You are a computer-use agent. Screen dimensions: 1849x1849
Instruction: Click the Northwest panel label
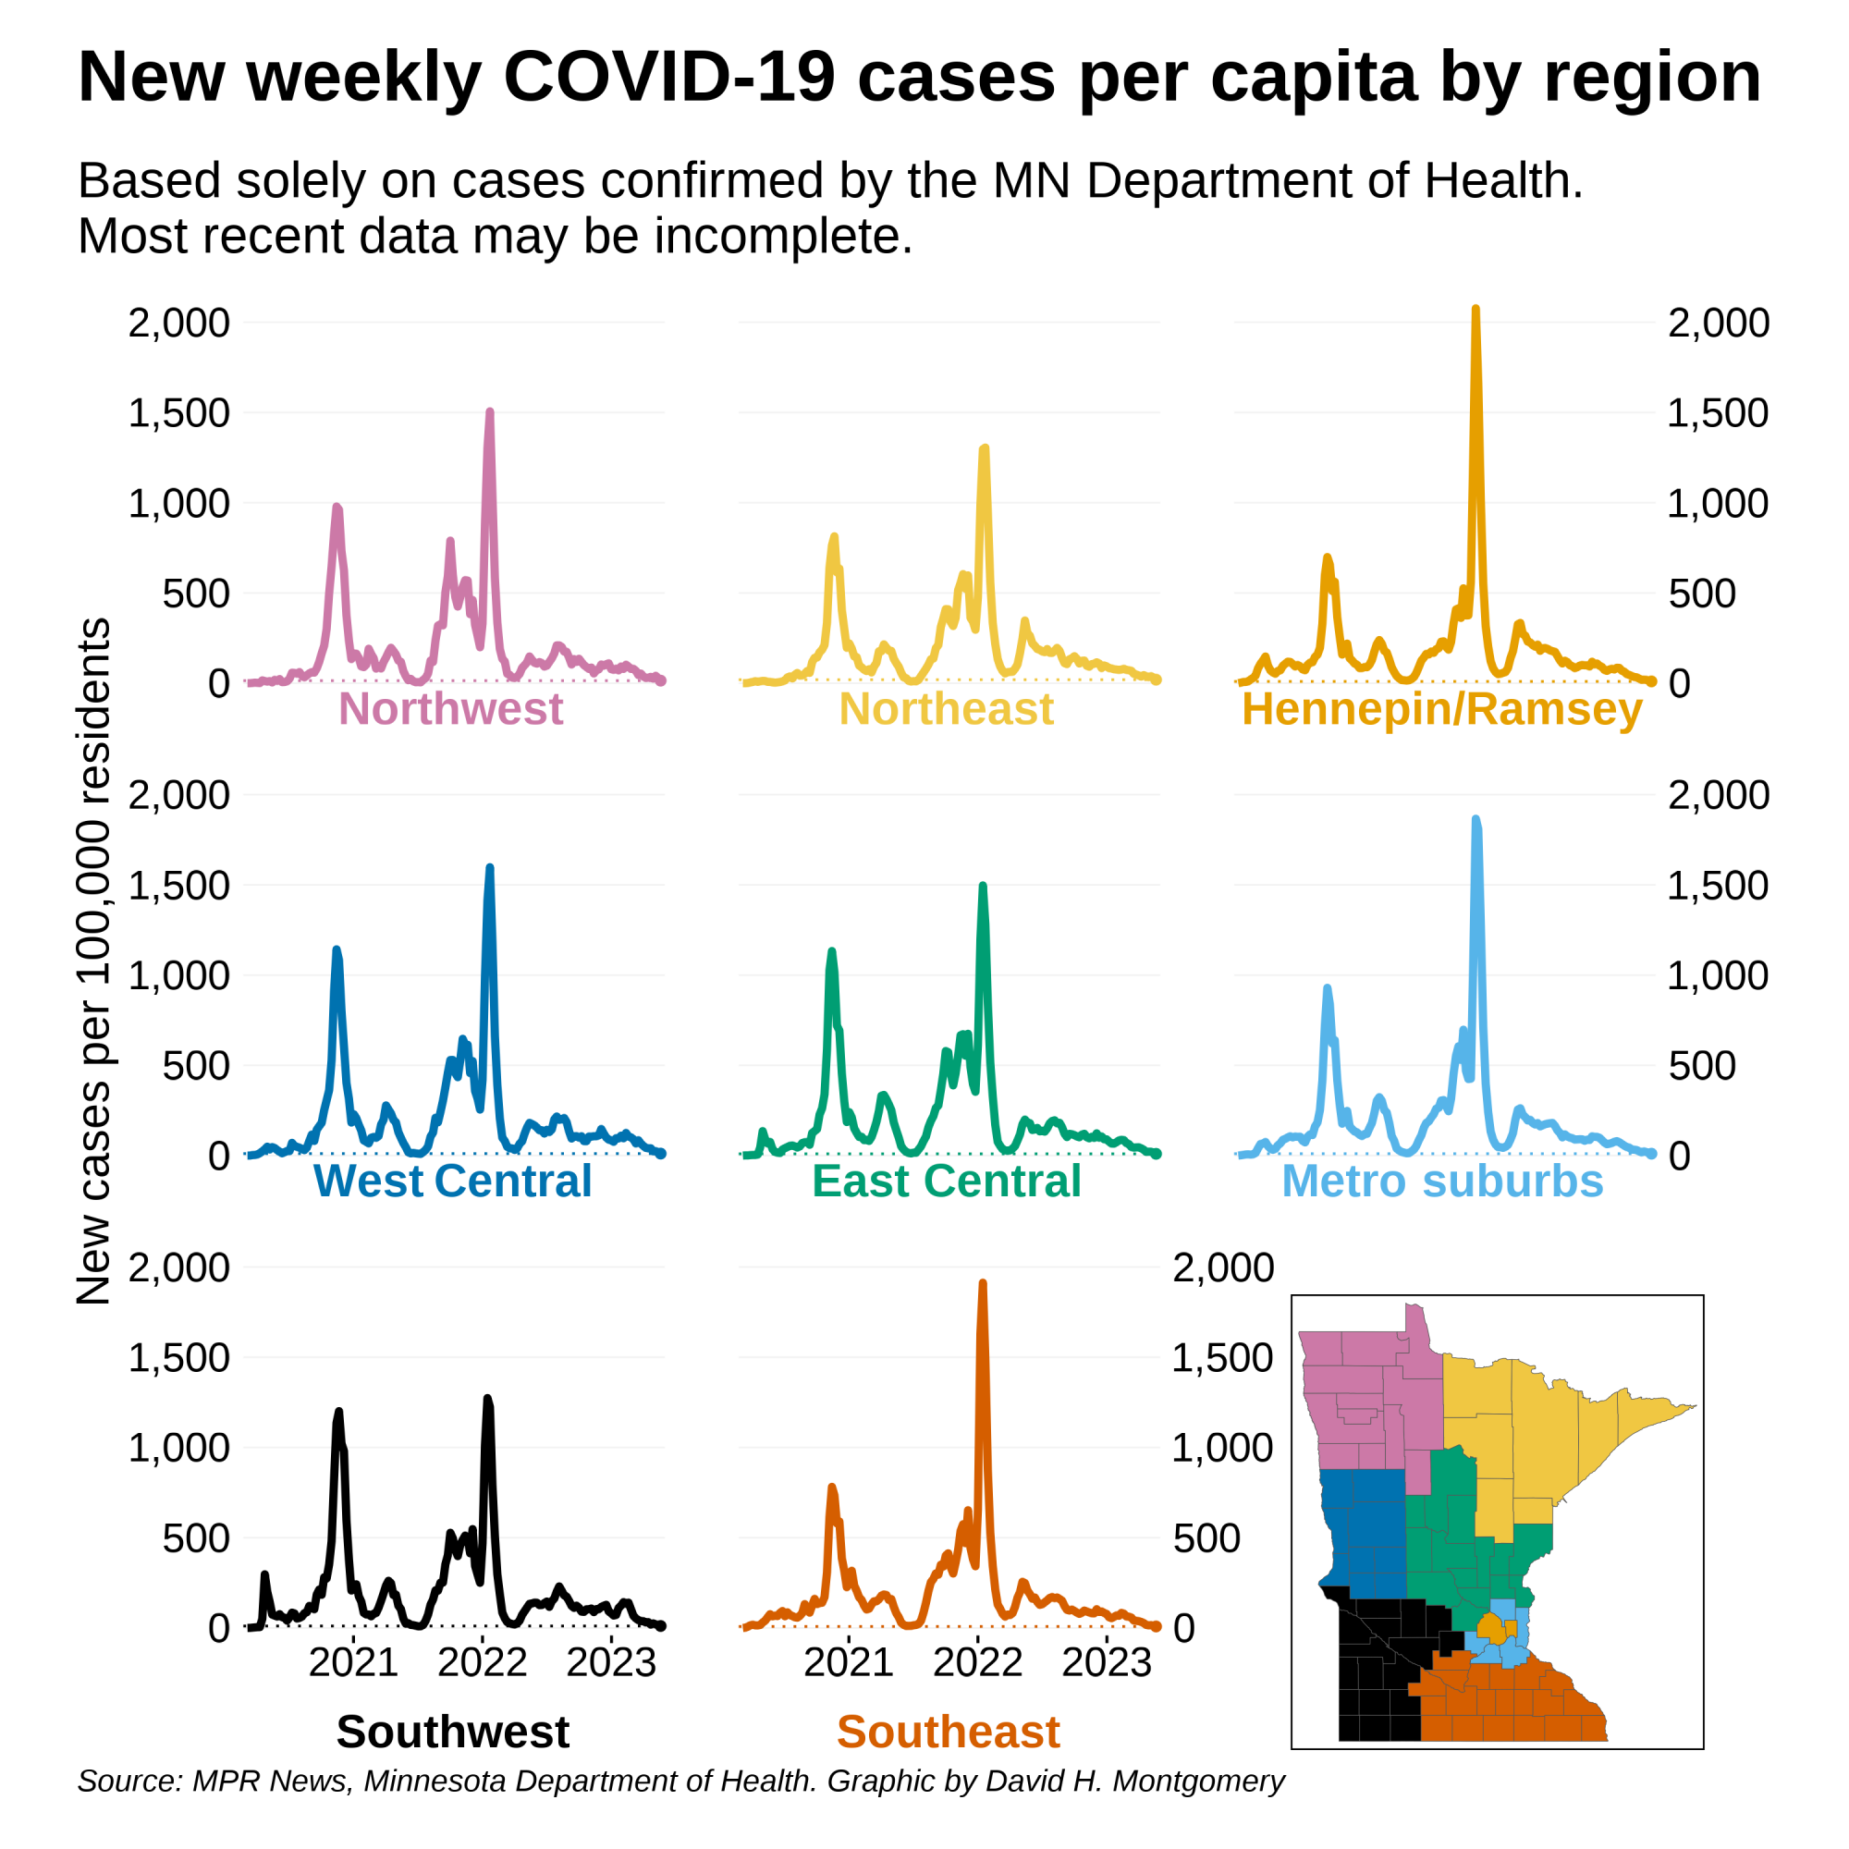pyautogui.click(x=450, y=709)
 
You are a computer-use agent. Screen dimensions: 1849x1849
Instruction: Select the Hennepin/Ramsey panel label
pyautogui.click(x=1441, y=709)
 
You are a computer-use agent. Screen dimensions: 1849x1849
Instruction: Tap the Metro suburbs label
pyautogui.click(x=1441, y=1181)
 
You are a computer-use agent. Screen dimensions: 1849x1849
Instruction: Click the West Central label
pyautogui.click(x=452, y=1181)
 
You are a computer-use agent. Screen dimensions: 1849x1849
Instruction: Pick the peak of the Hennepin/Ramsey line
pyautogui.click(x=1475, y=310)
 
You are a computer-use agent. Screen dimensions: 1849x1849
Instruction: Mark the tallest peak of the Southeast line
pyautogui.click(x=982, y=1284)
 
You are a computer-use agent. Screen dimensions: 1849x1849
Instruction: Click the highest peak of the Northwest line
pyautogui.click(x=489, y=412)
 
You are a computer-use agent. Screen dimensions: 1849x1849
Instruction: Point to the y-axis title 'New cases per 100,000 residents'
pyautogui.click(x=93, y=961)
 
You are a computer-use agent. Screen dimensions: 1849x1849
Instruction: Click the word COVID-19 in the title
pyautogui.click(x=669, y=77)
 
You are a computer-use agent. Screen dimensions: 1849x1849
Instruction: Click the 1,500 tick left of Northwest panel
pyautogui.click(x=179, y=413)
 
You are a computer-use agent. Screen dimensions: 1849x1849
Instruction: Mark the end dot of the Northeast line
pyautogui.click(x=1157, y=680)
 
